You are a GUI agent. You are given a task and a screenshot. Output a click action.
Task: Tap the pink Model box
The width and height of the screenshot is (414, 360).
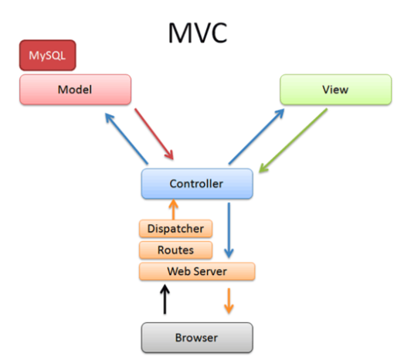[x=75, y=90]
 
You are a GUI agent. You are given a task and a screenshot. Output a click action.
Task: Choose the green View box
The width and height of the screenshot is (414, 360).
[x=334, y=90]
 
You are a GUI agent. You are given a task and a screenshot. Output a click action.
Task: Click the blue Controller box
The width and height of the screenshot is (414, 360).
[x=196, y=184]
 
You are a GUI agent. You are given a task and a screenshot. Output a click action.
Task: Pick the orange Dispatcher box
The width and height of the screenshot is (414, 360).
[x=175, y=229]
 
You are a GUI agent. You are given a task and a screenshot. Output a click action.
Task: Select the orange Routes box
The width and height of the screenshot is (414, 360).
[x=175, y=250]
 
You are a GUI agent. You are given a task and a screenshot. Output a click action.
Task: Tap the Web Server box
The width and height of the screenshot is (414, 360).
[x=196, y=271]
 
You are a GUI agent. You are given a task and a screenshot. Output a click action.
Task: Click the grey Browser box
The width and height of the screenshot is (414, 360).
[x=196, y=338]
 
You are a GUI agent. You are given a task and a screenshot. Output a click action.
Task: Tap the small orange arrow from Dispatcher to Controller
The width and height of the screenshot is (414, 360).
[x=174, y=209]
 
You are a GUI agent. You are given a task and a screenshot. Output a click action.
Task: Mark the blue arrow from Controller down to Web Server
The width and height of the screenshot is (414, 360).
[x=228, y=230]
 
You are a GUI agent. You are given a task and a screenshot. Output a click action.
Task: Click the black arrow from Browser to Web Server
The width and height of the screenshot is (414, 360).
[x=164, y=300]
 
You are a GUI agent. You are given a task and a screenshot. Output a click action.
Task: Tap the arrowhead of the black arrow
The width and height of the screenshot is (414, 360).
[x=164, y=290]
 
